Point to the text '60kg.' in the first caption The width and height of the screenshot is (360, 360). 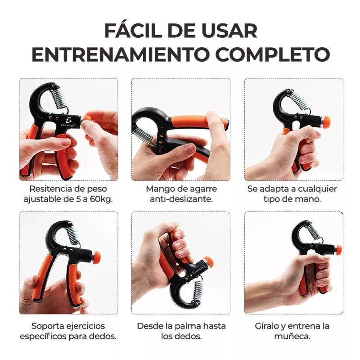tap(102, 199)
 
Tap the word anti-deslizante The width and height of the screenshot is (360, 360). tap(181, 199)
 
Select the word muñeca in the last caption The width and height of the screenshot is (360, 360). tap(293, 336)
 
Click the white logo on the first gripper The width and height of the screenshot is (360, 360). tap(68, 121)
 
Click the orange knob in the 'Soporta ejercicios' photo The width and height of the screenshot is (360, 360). tap(96, 257)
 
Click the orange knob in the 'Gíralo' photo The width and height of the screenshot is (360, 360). tap(337, 250)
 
